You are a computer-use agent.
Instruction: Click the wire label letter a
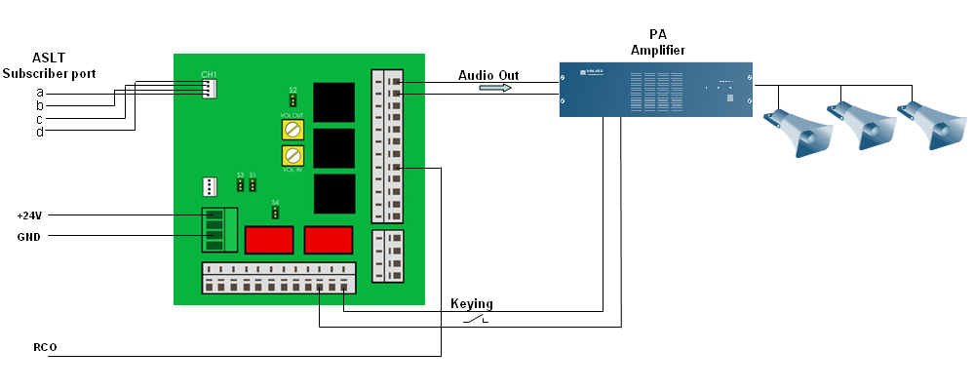coord(40,93)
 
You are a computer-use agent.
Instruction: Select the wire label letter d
coord(40,132)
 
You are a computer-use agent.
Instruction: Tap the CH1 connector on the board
coord(209,88)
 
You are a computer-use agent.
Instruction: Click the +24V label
coord(30,214)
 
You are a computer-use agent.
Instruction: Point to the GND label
coord(28,236)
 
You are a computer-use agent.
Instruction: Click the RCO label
coord(44,346)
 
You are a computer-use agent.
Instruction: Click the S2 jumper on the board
coord(292,100)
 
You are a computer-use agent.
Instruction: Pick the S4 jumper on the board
coord(276,212)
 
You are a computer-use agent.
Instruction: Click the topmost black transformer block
coord(332,102)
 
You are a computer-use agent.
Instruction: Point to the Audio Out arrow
coord(495,88)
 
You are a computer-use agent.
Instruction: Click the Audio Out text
coord(488,75)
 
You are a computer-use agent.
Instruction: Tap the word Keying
coord(471,304)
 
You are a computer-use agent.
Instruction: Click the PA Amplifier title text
coord(658,42)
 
